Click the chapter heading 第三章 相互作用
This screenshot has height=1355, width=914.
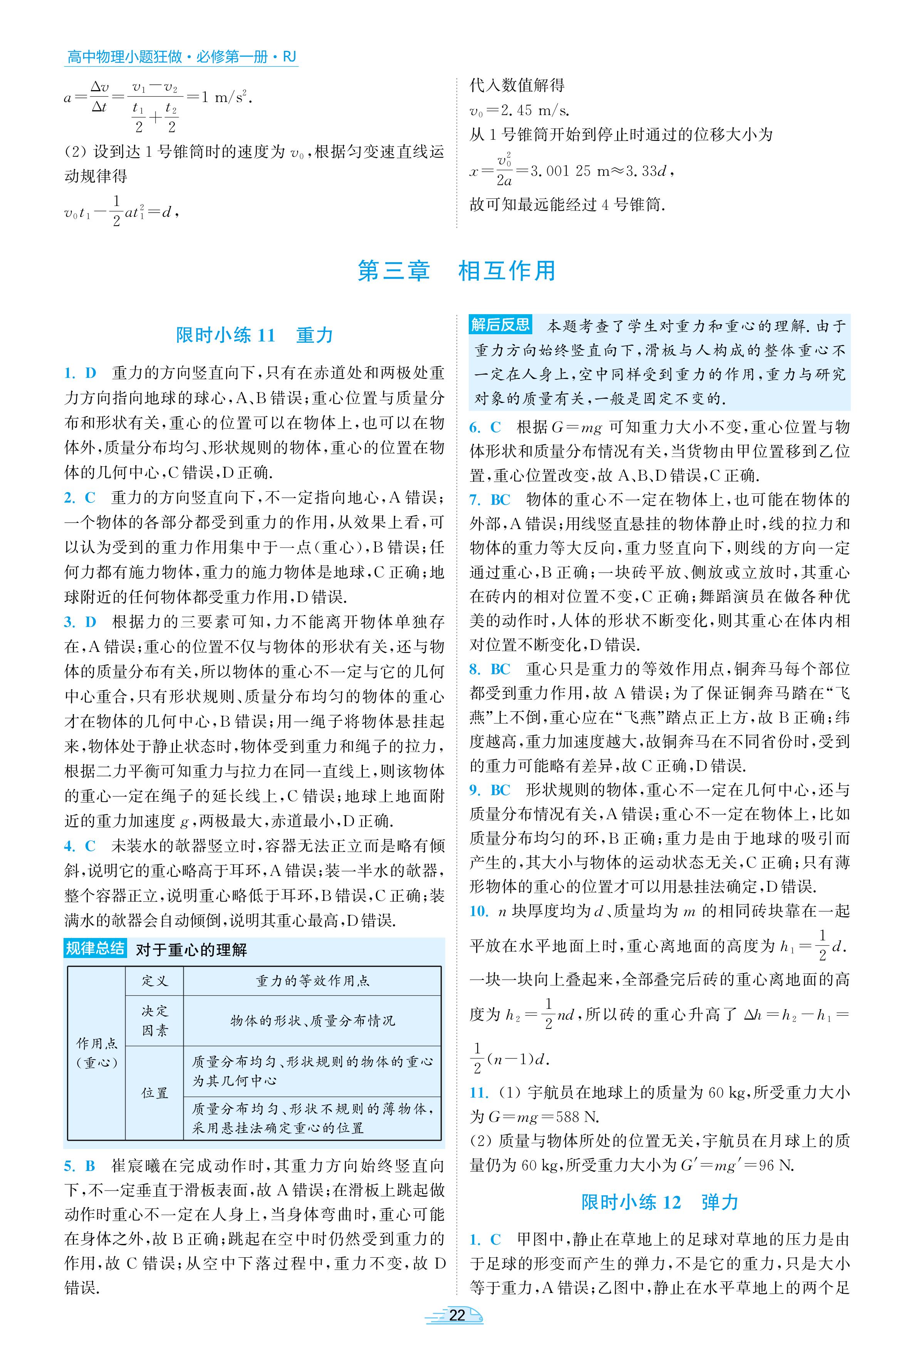(456, 271)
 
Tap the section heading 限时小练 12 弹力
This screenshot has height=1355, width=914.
(659, 1202)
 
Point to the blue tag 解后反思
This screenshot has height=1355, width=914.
(500, 325)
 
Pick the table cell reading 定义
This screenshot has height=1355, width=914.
(154, 981)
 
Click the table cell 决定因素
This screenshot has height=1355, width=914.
(154, 1020)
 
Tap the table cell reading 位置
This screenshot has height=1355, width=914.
(154, 1093)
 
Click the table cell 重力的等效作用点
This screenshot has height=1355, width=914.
(312, 981)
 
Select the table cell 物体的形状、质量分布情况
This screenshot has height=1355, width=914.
(312, 1020)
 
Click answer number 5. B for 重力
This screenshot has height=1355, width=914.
(80, 1166)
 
